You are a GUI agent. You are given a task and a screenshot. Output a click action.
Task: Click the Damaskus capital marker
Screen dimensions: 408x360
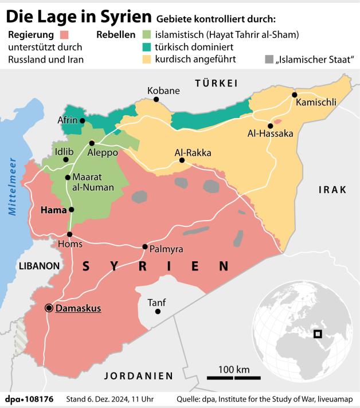point(49,308)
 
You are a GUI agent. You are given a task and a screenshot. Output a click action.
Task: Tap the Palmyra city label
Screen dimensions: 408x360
point(166,250)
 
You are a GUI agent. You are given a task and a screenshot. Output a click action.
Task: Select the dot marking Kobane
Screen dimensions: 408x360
point(156,100)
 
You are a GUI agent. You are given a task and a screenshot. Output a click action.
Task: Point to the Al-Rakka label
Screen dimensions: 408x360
point(193,153)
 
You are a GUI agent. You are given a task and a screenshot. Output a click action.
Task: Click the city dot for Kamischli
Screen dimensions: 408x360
point(294,95)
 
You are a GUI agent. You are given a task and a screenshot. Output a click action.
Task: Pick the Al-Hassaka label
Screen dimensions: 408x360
point(270,134)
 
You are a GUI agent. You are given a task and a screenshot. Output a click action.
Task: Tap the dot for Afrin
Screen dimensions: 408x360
point(83,120)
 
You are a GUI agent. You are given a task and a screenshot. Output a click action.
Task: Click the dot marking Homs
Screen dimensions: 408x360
point(70,234)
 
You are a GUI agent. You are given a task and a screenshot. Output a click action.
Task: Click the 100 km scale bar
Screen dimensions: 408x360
point(234,378)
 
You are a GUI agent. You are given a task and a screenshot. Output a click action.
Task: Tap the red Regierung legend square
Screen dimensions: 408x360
point(72,34)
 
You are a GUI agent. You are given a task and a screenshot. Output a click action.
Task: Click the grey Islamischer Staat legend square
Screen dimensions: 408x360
point(269,60)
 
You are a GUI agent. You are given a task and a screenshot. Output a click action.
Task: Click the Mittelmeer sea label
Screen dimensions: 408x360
point(13,186)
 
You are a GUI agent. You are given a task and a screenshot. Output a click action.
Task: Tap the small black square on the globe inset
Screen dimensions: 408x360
point(318,334)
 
